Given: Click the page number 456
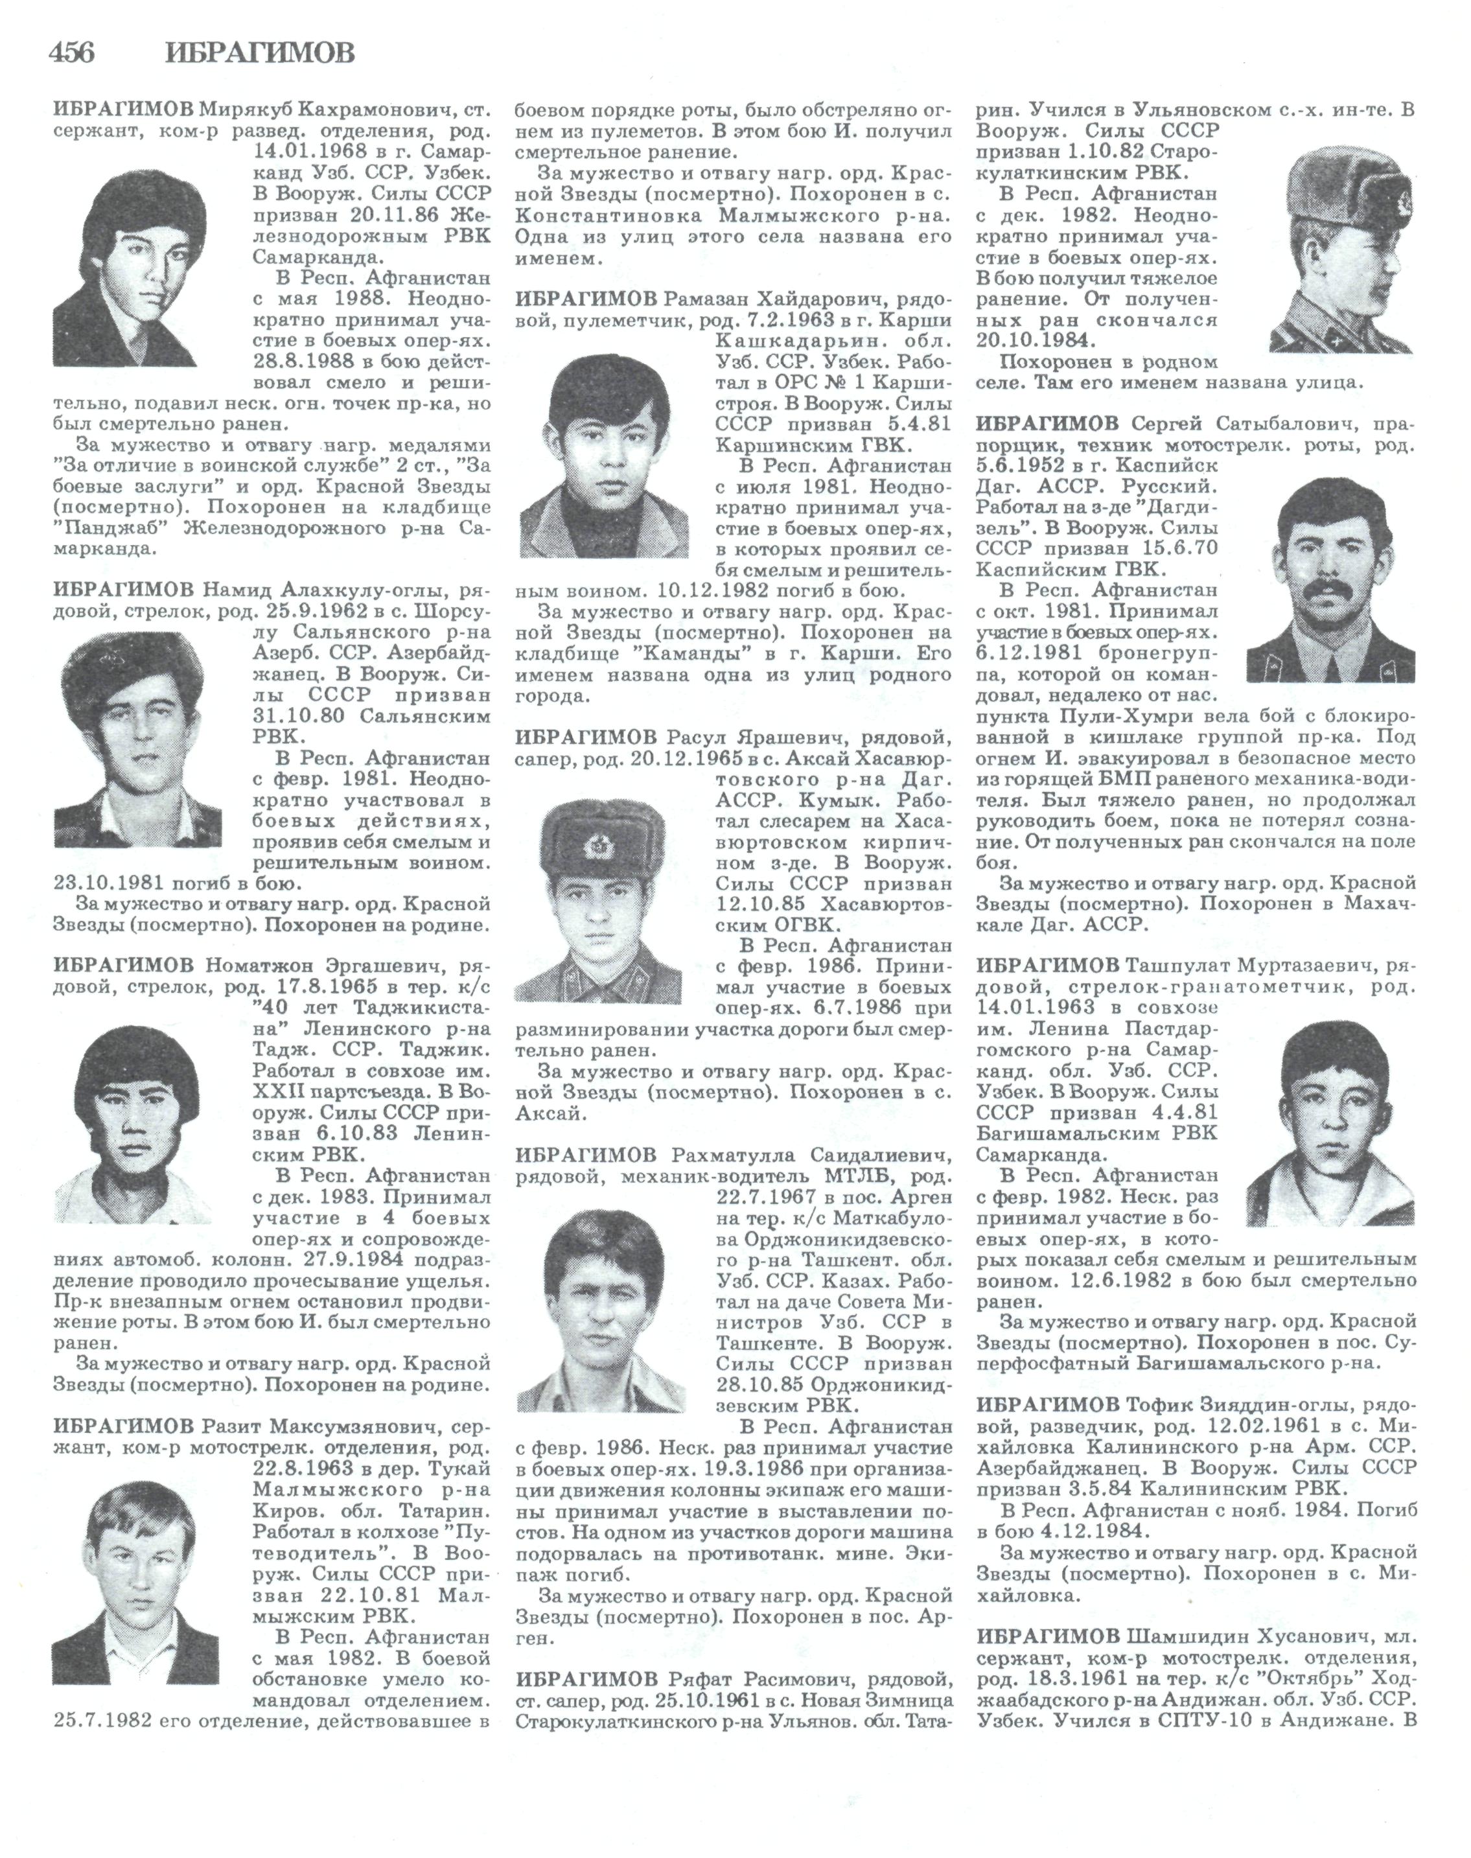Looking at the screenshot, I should coord(73,53).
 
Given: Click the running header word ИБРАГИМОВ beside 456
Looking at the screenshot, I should coord(259,53).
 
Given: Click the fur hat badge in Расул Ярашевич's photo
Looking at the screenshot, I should coord(597,847).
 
